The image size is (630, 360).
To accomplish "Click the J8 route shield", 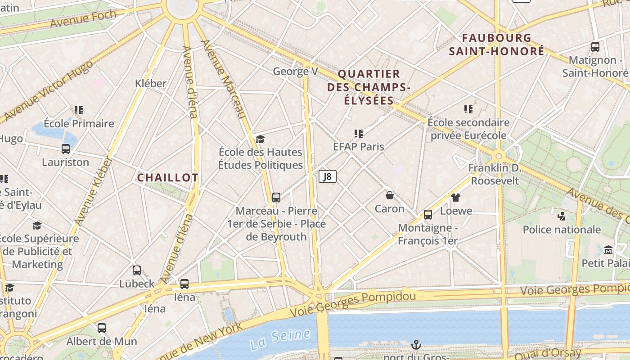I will coord(328,176).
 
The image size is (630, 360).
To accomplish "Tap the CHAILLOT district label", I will coord(167,178).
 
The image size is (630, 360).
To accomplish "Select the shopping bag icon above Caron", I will coord(390,195).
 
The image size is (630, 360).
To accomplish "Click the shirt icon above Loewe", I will coord(456,197).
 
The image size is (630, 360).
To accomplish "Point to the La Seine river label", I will coord(280,339).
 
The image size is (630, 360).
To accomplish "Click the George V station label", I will coord(295,72).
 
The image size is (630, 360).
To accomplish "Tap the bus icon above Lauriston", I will coord(66,149).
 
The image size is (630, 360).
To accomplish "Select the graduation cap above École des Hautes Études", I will coord(260,139).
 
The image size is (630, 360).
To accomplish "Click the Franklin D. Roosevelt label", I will coord(494,175).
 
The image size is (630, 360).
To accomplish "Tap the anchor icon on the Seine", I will coord(416,345).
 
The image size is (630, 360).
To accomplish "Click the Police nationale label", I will coord(562,229).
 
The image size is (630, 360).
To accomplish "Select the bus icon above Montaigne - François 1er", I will coord(428,215).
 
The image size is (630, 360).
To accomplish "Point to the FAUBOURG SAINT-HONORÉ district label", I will coord(496,45).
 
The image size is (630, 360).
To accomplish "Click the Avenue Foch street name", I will coord(83,18).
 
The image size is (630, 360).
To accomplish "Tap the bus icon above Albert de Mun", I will coord(102,328).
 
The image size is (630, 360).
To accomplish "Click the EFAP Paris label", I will coord(358,147).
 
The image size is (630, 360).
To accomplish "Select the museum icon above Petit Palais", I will coord(608,250).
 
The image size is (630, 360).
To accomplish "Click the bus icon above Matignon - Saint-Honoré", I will coord(595,46).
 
